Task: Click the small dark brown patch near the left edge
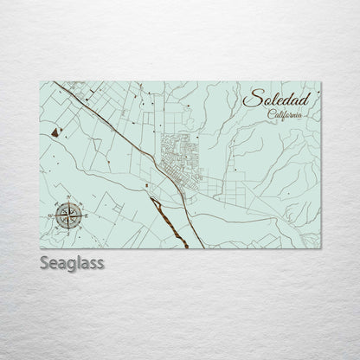[56, 132]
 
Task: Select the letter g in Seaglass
[78, 263]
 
